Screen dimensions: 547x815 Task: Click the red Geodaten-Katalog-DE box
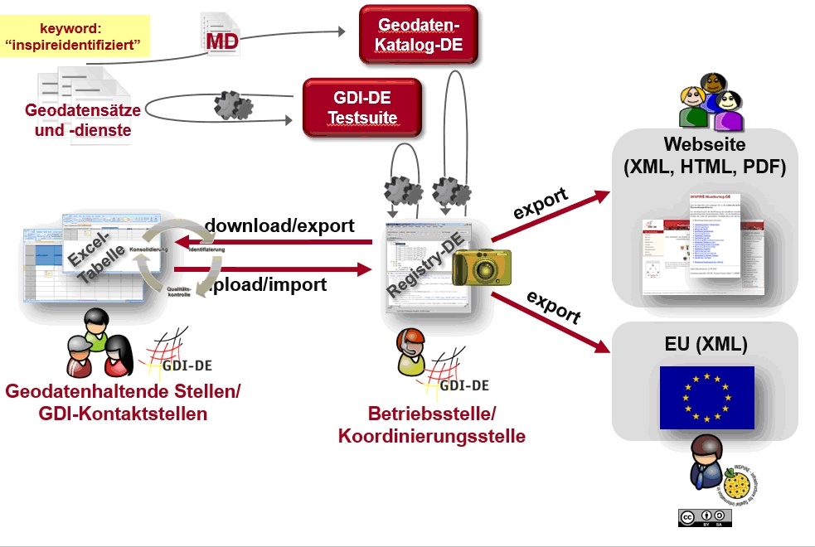(419, 34)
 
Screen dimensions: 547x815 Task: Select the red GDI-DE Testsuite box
(362, 107)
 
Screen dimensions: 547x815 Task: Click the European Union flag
(706, 397)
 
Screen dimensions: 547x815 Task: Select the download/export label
(279, 225)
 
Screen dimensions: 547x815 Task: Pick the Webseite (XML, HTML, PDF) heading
(704, 156)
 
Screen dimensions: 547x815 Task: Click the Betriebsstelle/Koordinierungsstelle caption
(431, 424)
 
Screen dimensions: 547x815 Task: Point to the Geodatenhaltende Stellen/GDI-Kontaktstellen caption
(123, 402)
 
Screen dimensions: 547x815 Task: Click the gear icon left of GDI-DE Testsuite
(233, 106)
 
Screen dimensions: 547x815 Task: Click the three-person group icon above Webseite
(711, 103)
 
